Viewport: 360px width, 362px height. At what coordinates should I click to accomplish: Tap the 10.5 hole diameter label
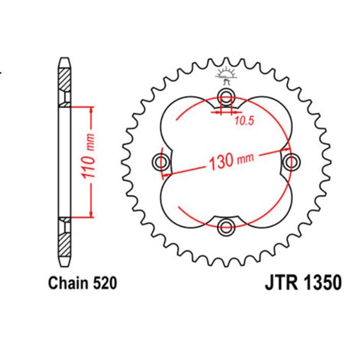coord(244,120)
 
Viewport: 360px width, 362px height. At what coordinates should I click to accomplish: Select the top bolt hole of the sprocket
coord(226,97)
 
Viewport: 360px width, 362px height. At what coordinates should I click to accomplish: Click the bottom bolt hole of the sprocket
coord(226,227)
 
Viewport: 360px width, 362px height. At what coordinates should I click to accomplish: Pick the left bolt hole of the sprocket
coord(162,162)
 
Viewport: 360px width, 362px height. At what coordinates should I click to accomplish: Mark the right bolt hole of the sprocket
coord(291,162)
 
